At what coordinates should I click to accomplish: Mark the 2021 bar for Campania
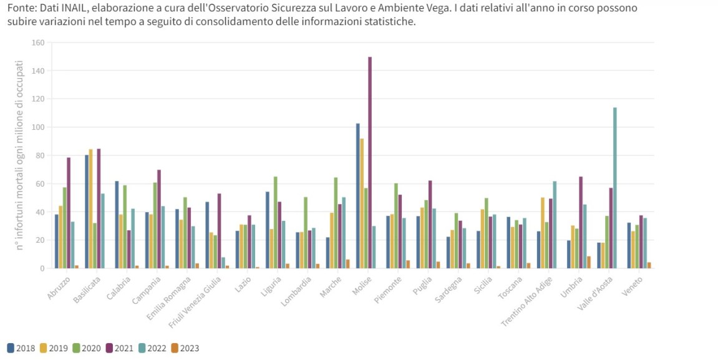(x=159, y=219)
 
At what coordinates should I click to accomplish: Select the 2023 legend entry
(x=186, y=348)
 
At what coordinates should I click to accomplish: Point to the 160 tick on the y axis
(x=38, y=43)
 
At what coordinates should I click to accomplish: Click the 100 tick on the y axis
(x=38, y=127)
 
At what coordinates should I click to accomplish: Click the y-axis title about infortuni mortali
(x=20, y=156)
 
